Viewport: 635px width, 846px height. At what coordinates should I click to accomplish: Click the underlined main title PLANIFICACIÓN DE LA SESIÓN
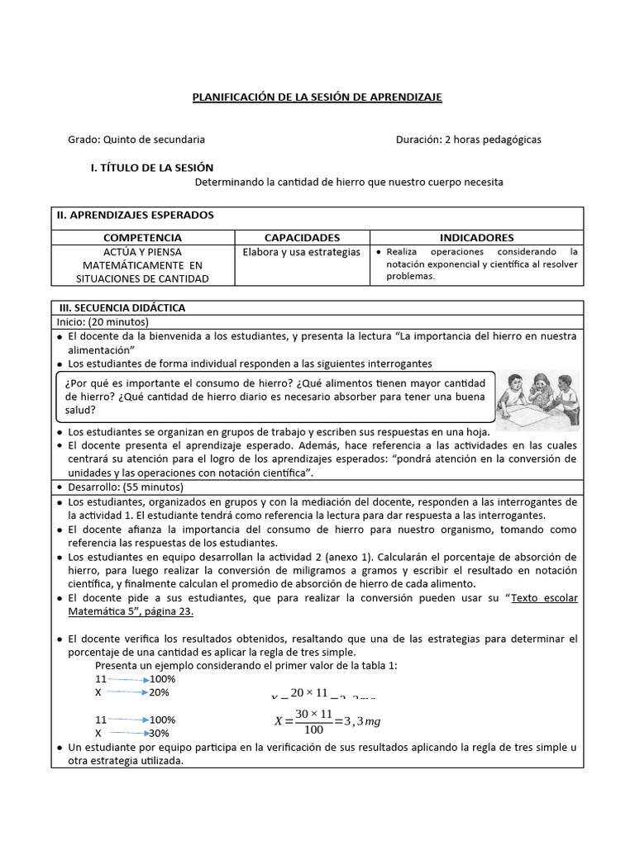(x=317, y=97)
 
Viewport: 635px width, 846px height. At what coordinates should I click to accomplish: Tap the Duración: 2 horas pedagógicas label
(x=468, y=140)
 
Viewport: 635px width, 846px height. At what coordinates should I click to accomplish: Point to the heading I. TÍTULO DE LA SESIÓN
(x=151, y=168)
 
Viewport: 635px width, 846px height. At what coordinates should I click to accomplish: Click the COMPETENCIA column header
(x=142, y=237)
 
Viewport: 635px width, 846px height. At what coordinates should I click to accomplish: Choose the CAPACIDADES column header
(x=302, y=237)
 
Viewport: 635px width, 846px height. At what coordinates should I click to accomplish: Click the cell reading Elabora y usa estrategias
(x=301, y=251)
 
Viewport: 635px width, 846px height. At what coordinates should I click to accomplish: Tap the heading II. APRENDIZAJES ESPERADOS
(x=135, y=215)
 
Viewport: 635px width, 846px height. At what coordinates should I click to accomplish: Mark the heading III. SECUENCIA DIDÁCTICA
(x=121, y=307)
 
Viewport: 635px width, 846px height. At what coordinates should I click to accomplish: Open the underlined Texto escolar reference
(x=544, y=598)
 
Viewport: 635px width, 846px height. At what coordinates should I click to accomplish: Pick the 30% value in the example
(x=160, y=733)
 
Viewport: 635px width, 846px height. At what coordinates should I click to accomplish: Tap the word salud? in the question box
(x=81, y=409)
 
